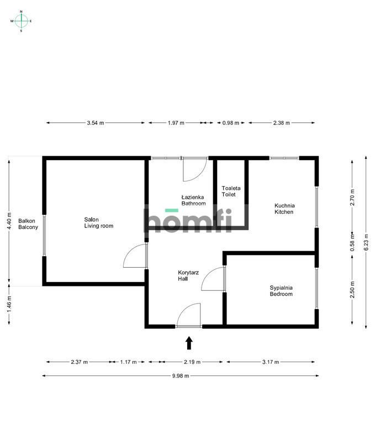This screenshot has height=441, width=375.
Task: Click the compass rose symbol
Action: [x=21, y=21]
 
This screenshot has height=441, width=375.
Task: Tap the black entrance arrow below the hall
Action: [x=189, y=343]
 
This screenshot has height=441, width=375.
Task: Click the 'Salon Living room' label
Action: [x=98, y=223]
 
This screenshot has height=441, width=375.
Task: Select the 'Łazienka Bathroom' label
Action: [x=193, y=200]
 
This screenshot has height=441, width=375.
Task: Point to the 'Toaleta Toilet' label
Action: [x=231, y=192]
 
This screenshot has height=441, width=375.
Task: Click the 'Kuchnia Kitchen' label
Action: [x=284, y=209]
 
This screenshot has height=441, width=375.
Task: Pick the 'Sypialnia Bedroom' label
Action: [x=281, y=291]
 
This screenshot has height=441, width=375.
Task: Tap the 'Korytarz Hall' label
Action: [x=188, y=275]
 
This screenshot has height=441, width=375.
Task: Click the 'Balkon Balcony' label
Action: [x=28, y=224]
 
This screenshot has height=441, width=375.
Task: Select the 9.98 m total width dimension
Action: [x=181, y=376]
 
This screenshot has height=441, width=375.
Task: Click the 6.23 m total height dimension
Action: [x=366, y=242]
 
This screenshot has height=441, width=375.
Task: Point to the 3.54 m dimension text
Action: [x=96, y=123]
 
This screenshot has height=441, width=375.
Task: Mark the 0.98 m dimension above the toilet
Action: [x=231, y=123]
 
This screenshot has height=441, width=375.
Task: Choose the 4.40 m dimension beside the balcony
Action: [x=9, y=221]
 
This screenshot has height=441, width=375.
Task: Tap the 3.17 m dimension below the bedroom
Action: [x=271, y=362]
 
